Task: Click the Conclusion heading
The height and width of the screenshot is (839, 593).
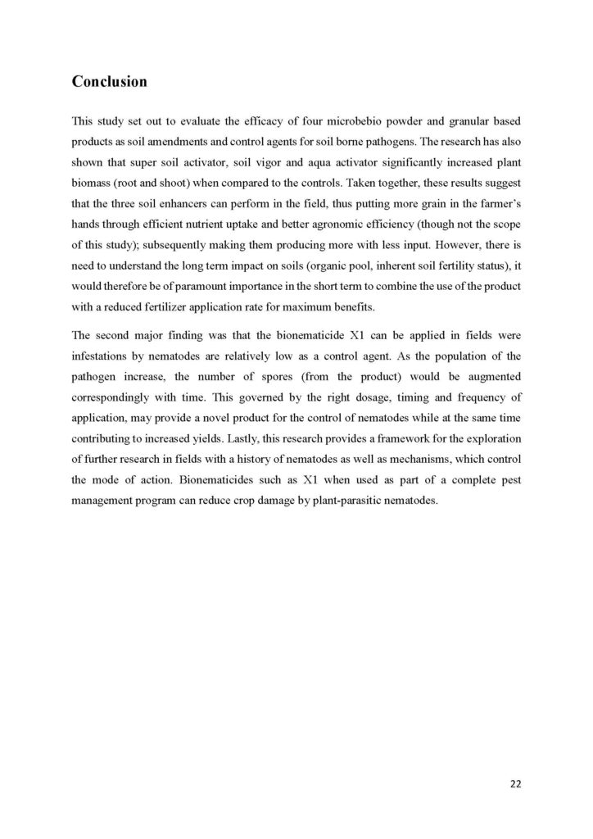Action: tap(110, 82)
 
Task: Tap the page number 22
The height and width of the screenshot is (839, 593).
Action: tap(514, 784)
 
